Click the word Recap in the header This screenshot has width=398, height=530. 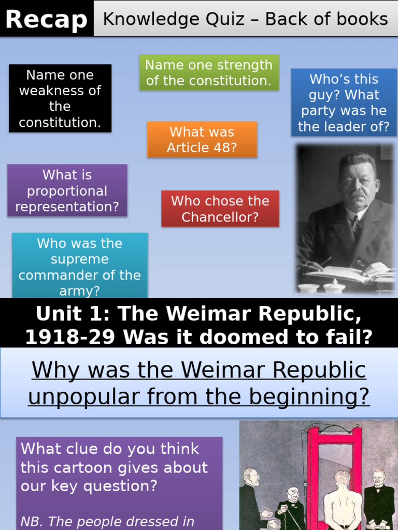(x=47, y=20)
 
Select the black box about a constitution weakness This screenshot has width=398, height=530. (x=60, y=98)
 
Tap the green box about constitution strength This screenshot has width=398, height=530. (x=209, y=73)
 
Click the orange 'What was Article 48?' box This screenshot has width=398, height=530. (x=202, y=140)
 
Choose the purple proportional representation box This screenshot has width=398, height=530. (x=67, y=190)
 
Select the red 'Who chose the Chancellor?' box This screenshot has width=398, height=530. (x=220, y=209)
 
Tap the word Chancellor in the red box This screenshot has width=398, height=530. (x=220, y=217)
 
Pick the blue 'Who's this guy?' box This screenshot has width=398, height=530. (x=344, y=103)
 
